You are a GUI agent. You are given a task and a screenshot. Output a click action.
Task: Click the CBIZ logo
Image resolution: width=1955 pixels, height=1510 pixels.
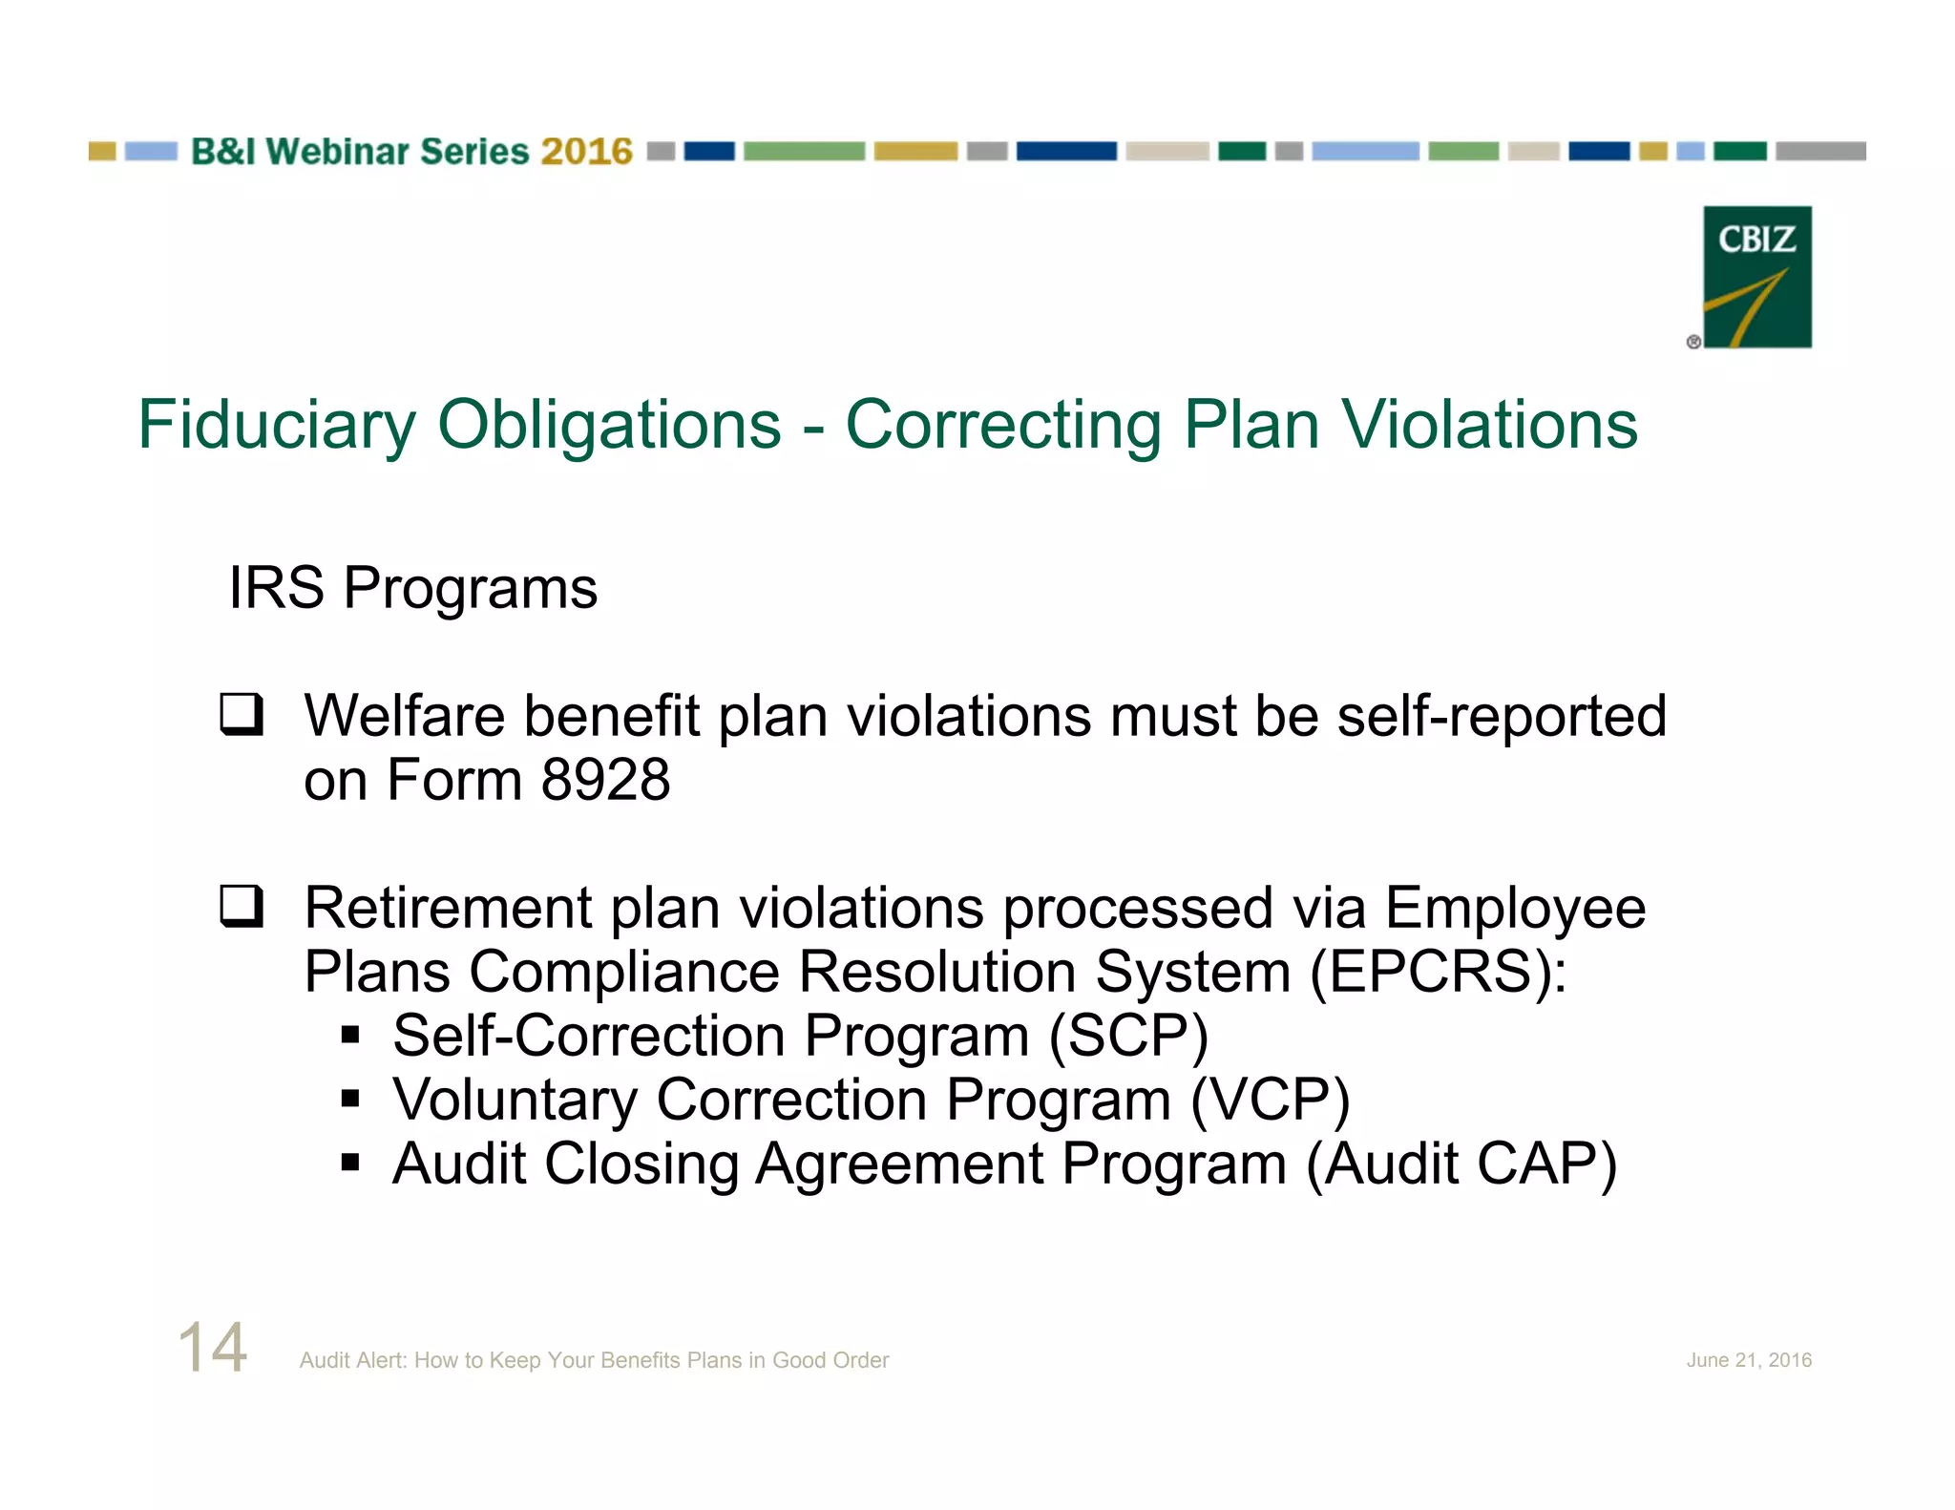pos(1756,277)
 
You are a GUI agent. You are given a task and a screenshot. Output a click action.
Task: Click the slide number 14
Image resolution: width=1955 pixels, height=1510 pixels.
pos(213,1348)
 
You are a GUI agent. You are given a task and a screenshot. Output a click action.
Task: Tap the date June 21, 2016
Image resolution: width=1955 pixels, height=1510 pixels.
pos(1748,1360)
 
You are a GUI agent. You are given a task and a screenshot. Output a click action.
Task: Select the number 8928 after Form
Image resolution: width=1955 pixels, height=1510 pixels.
pos(605,780)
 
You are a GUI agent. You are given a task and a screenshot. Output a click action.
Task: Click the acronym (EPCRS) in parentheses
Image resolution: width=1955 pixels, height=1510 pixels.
pos(1438,973)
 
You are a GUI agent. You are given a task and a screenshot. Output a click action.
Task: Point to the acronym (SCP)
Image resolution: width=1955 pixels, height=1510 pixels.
pos(1128,1037)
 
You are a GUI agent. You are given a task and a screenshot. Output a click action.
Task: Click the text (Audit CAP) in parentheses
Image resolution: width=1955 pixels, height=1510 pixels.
pos(1461,1164)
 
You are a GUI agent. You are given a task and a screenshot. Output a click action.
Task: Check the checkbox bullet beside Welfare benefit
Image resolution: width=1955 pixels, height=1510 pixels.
pos(242,715)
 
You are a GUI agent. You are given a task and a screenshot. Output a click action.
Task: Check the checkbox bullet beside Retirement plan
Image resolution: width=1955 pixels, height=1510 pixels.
pos(242,906)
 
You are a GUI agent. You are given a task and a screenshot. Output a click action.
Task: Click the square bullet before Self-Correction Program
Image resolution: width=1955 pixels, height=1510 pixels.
pos(350,1035)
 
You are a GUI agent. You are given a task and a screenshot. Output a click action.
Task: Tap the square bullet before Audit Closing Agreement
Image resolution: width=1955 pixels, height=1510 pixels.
pos(350,1163)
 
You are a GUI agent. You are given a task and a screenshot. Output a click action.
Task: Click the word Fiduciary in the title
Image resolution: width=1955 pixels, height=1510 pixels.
pos(277,425)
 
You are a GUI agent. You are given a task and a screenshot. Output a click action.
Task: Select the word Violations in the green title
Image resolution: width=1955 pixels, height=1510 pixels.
pos(1490,425)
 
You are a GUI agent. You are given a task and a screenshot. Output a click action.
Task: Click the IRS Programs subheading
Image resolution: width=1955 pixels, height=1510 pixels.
pos(412,587)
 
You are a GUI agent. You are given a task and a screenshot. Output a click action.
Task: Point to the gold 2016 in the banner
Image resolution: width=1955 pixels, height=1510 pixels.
pos(586,152)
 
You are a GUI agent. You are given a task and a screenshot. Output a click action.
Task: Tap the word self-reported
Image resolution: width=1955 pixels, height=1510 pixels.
pos(1501,716)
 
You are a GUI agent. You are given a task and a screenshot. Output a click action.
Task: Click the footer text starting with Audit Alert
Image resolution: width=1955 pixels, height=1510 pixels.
pos(594,1360)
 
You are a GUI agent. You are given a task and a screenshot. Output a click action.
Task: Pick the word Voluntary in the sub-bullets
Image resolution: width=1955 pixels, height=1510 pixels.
pos(515,1101)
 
